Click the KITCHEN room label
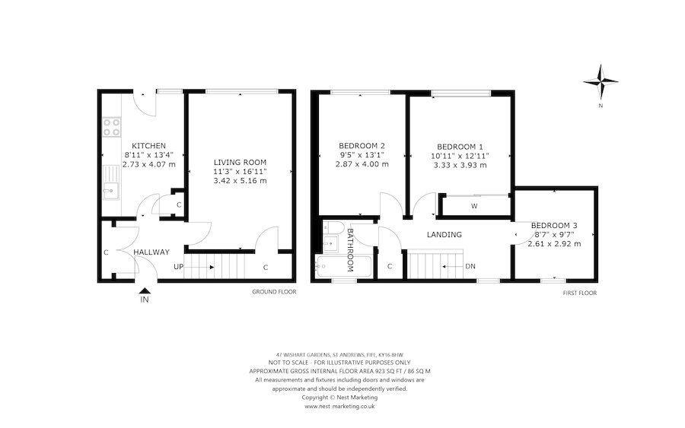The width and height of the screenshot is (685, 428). [148, 146]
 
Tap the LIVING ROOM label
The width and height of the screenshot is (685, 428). [240, 162]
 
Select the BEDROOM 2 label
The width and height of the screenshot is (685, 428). [362, 146]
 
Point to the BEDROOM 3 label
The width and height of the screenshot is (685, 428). [554, 226]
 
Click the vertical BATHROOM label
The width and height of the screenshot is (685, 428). [350, 250]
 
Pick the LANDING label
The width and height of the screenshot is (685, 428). [444, 235]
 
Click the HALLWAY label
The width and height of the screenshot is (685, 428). [151, 252]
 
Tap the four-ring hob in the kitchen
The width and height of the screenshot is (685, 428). [111, 127]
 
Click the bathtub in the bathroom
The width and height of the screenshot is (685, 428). [343, 266]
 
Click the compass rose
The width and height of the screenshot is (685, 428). [601, 81]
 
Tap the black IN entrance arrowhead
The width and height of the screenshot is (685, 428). [145, 290]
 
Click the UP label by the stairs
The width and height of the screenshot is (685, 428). [178, 267]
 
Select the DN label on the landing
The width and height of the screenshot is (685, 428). [470, 267]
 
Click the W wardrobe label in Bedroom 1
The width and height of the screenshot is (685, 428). [474, 206]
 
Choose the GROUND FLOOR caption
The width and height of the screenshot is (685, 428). [274, 292]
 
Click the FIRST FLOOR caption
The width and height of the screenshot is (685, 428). [580, 293]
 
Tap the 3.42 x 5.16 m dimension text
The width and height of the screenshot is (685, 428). [240, 181]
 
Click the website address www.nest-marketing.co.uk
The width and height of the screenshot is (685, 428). [339, 406]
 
